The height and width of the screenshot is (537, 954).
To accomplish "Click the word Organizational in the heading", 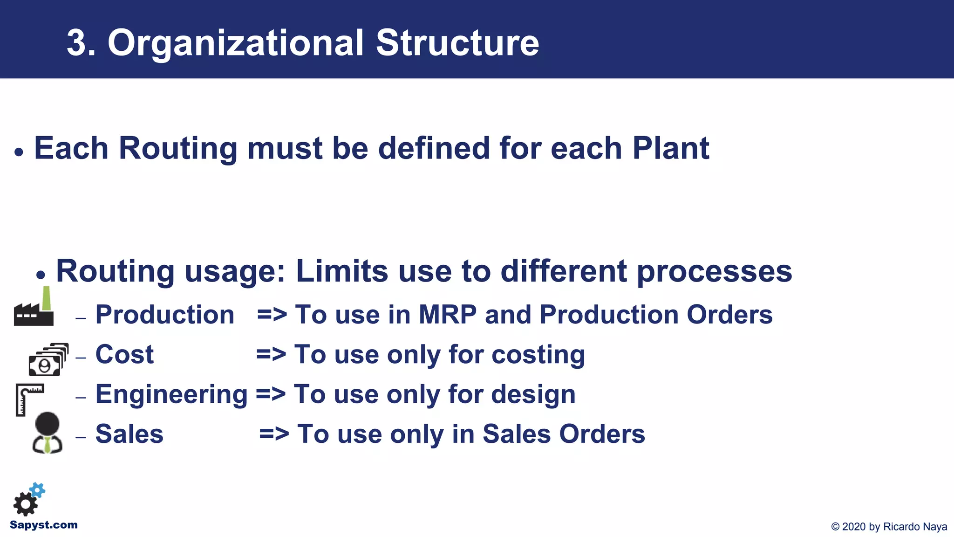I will pyautogui.click(x=235, y=43).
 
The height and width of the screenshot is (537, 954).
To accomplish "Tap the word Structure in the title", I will pyautogui.click(x=457, y=43).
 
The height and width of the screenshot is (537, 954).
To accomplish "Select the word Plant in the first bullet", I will pyautogui.click(x=670, y=148).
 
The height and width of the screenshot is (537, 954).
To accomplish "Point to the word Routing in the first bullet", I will pyautogui.click(x=178, y=148).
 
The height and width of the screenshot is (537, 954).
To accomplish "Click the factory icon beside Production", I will pyautogui.click(x=34, y=308).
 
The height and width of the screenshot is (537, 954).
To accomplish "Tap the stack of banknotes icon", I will pyautogui.click(x=48, y=360).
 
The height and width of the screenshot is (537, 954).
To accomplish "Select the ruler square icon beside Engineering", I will pyautogui.click(x=28, y=399).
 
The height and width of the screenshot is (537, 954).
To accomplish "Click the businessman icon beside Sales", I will pyautogui.click(x=47, y=433).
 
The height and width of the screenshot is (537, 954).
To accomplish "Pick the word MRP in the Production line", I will pyautogui.click(x=447, y=315).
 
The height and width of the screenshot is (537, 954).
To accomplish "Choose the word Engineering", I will pyautogui.click(x=171, y=394).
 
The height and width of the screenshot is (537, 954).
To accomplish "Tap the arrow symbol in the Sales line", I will pyautogui.click(x=274, y=434).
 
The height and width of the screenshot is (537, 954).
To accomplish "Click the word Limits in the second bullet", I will pyautogui.click(x=341, y=271).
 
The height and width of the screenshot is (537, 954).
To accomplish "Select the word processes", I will pyautogui.click(x=714, y=272).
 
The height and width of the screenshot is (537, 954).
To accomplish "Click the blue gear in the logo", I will pyautogui.click(x=38, y=490).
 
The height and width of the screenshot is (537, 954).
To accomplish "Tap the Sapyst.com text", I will pyautogui.click(x=44, y=525).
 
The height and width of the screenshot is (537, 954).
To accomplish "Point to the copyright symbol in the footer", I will pyautogui.click(x=835, y=527).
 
